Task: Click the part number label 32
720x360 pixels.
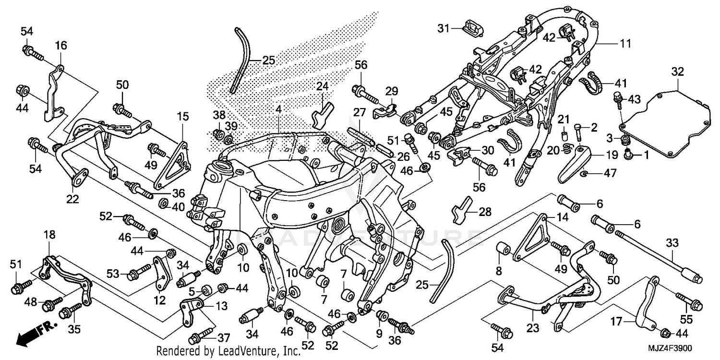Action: point(677,72)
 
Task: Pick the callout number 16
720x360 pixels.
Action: point(61,46)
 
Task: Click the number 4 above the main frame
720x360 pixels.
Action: point(278,109)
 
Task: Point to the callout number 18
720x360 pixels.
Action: point(49,235)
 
